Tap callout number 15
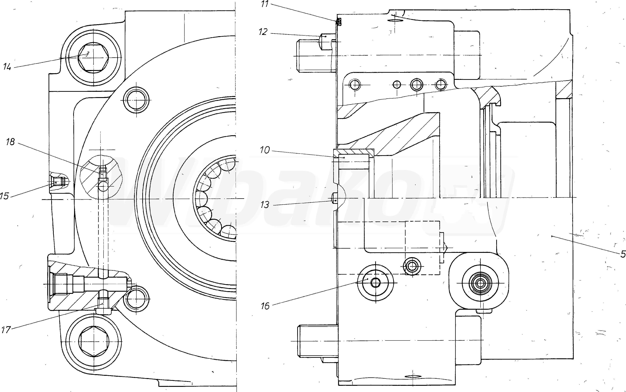[x=4, y=196]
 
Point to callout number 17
[x=6, y=330]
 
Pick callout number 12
[x=263, y=32]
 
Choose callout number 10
[x=265, y=150]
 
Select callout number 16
[x=265, y=306]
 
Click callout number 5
[x=623, y=254]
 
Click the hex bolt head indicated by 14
[x=93, y=57]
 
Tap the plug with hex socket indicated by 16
[x=375, y=283]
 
